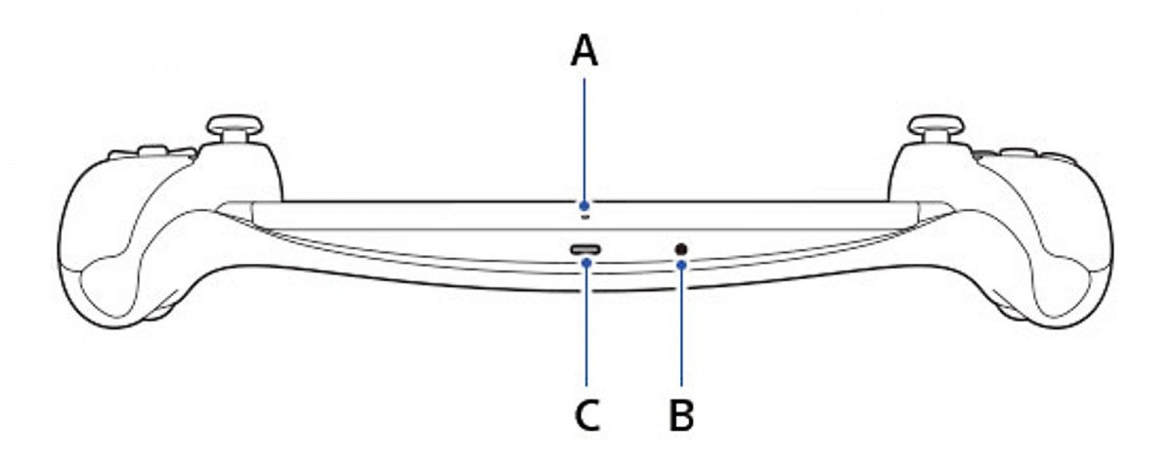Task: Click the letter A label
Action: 584,50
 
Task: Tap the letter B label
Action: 681,414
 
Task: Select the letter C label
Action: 587,415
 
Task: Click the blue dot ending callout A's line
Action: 585,205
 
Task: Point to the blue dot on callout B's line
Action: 681,265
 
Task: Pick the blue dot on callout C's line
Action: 586,262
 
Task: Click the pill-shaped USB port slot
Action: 586,250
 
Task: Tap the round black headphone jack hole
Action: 681,250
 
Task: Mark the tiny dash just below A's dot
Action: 585,216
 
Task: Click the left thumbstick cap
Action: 234,125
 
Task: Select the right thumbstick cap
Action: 935,125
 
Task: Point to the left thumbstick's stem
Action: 234,138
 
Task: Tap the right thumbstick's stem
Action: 935,138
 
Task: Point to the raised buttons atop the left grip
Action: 152,152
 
